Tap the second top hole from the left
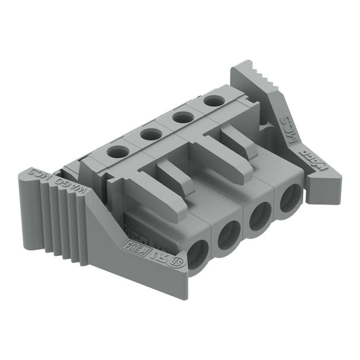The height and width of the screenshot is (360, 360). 151,134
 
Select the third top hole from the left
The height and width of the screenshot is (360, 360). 183,117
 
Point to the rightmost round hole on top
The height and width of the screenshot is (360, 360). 214,101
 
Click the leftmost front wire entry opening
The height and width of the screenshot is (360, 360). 198,255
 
